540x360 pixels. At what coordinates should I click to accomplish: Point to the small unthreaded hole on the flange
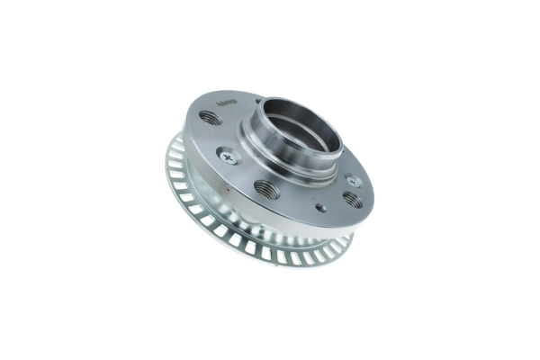pyautogui.click(x=320, y=207)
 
